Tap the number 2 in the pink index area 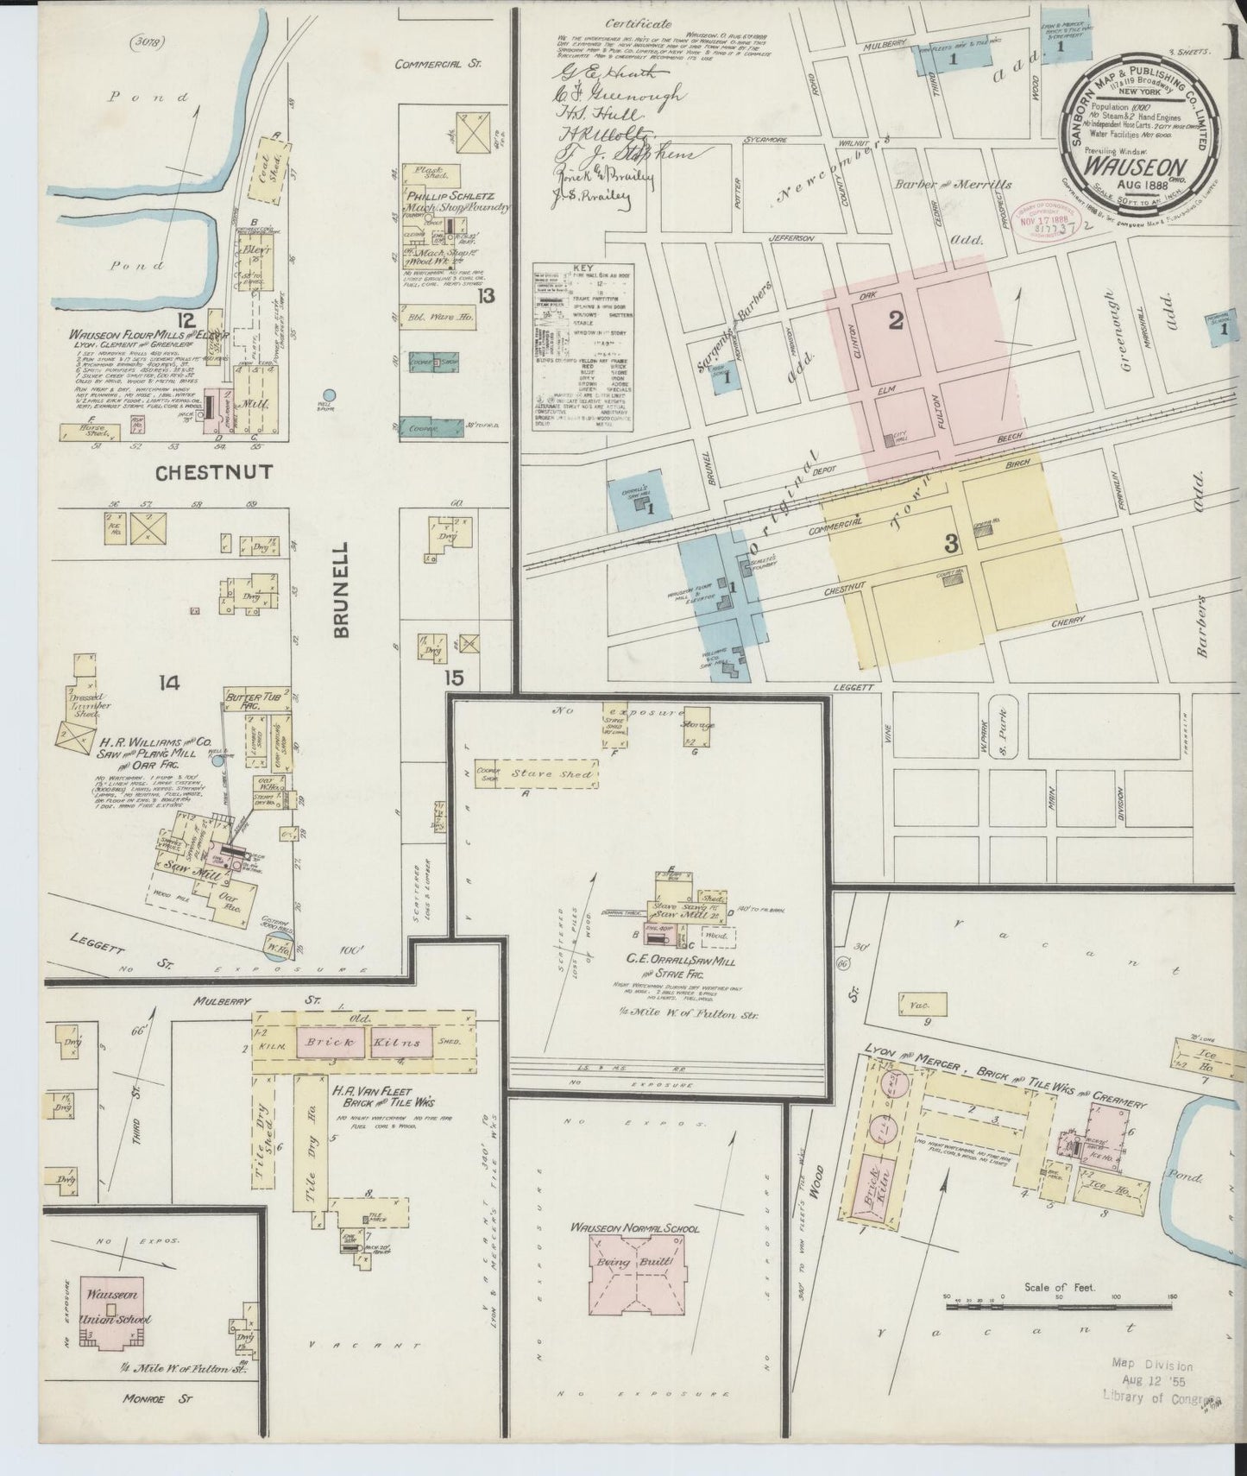(896, 321)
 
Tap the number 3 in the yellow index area (951, 544)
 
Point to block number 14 (168, 683)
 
